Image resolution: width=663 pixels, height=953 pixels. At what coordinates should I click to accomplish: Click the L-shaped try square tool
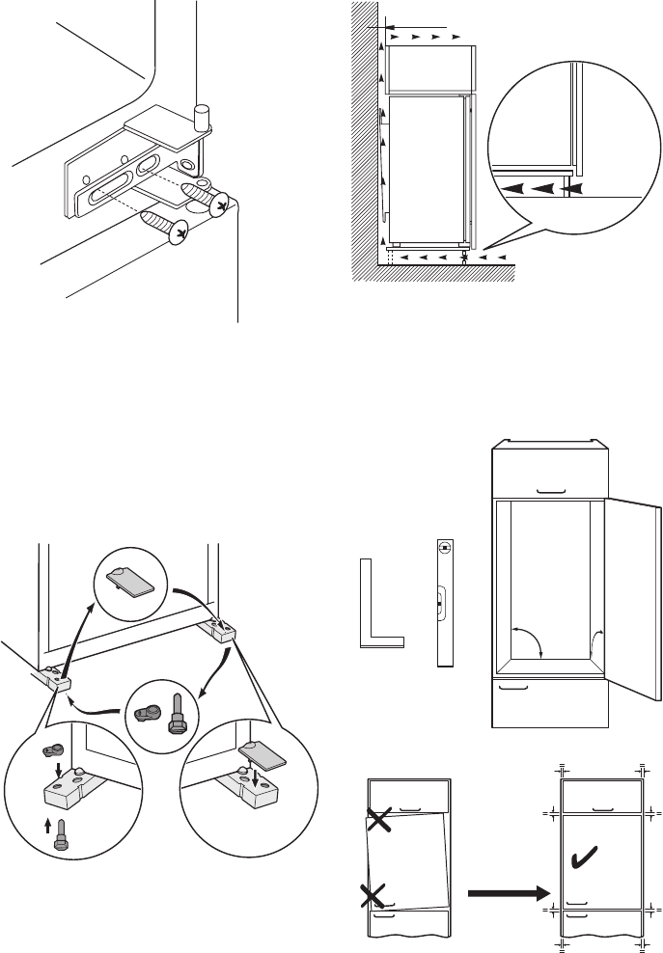377,617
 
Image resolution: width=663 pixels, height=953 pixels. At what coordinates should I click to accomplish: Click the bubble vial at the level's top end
444,551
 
